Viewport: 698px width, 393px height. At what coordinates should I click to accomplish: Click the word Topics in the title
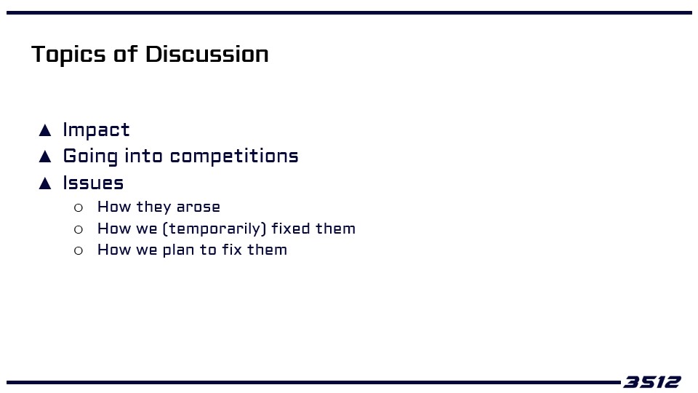[x=68, y=55]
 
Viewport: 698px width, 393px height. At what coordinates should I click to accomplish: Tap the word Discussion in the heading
[x=207, y=55]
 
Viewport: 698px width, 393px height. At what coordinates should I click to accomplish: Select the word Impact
[x=96, y=130]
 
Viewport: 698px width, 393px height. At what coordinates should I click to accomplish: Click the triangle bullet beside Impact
[x=45, y=130]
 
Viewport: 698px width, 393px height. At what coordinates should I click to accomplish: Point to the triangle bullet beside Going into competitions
[x=45, y=156]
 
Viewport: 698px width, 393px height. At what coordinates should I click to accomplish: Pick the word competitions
[x=234, y=156]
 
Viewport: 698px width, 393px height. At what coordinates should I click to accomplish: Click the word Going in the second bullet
[x=90, y=156]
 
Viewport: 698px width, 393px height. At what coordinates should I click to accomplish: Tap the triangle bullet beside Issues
[x=45, y=183]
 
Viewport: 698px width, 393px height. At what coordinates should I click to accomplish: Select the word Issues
[x=93, y=183]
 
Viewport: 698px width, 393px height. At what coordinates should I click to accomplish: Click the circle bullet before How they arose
[x=79, y=207]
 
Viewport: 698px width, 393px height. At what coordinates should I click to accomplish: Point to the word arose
[x=198, y=207]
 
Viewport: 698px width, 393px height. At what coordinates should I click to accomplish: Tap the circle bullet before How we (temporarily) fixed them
[x=79, y=229]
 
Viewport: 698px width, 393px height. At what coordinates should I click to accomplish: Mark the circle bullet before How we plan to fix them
[x=79, y=251]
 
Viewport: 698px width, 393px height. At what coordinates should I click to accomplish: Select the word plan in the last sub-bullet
[x=178, y=250]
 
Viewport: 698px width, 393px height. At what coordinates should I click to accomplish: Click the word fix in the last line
[x=232, y=250]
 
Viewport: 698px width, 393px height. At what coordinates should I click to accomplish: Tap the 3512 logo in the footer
[x=651, y=382]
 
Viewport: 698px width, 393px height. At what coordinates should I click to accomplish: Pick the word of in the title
[x=126, y=55]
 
